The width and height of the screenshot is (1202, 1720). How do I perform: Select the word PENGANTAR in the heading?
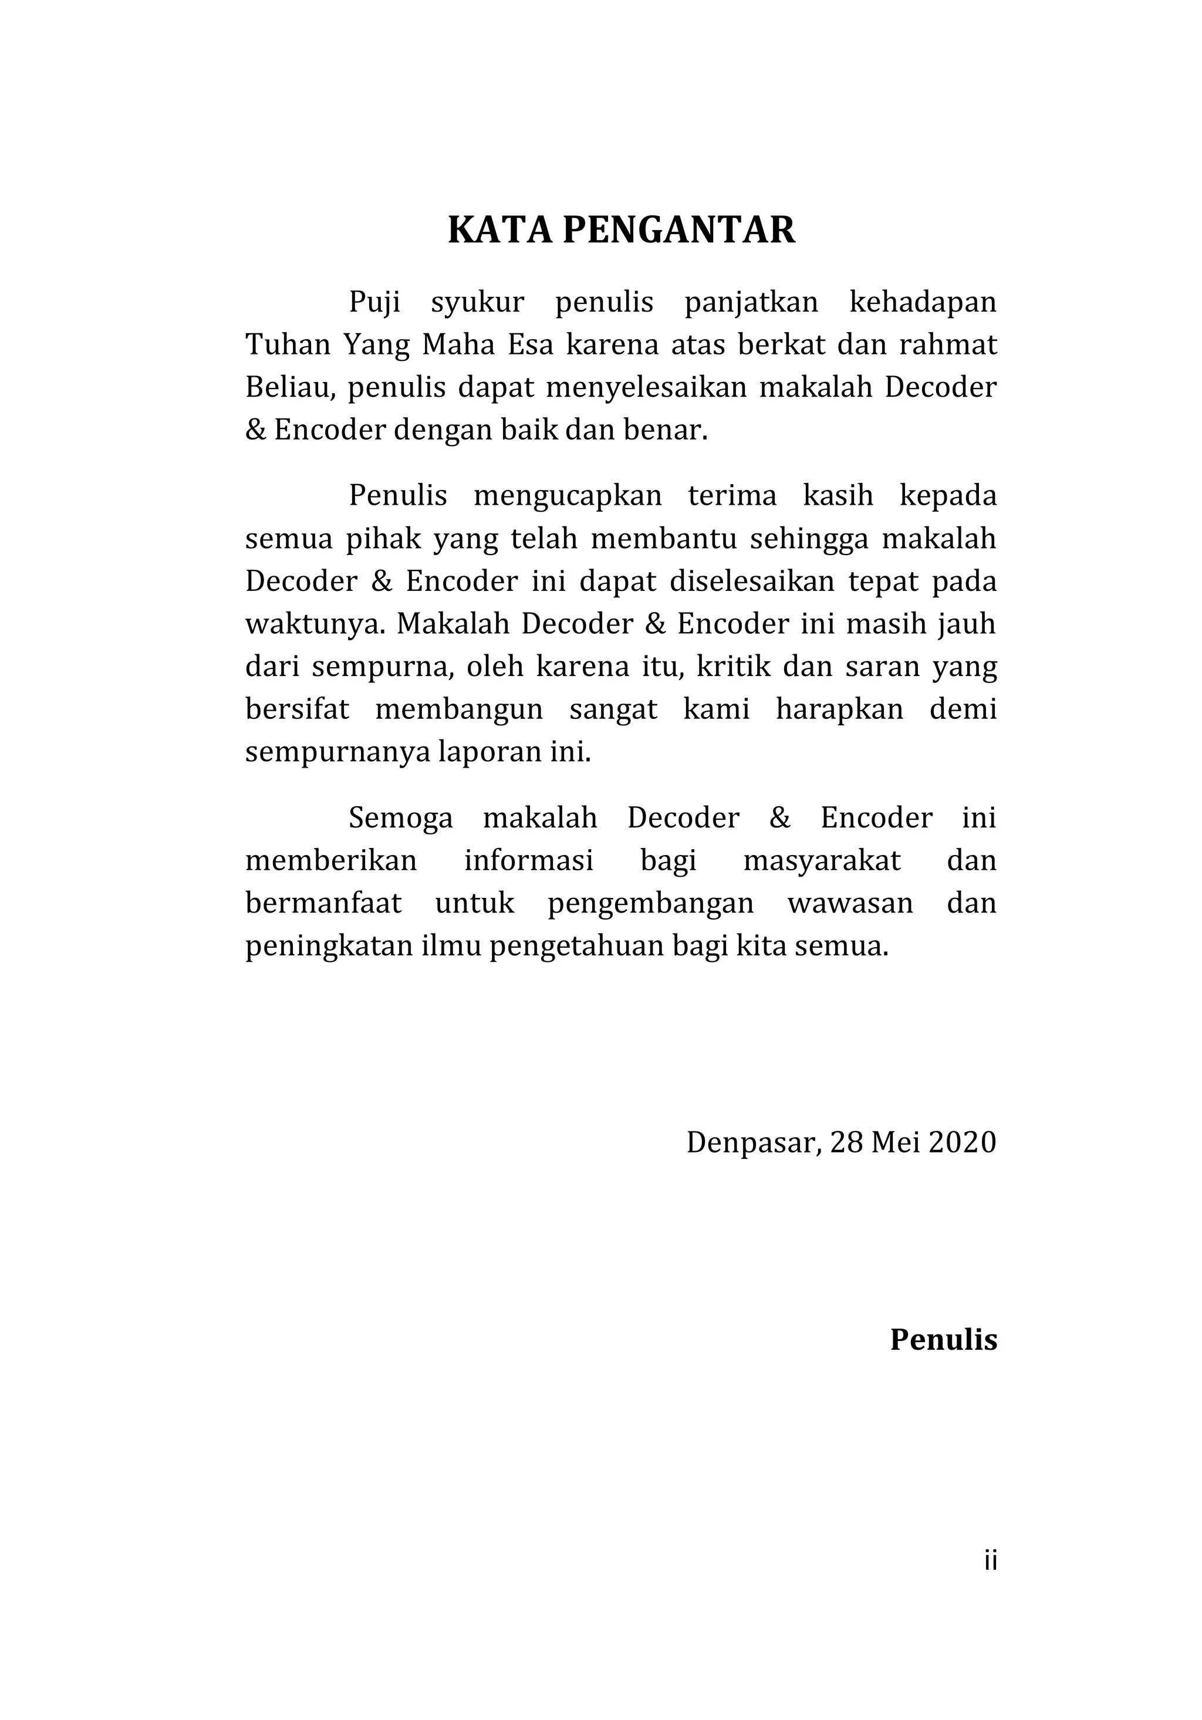pyautogui.click(x=679, y=230)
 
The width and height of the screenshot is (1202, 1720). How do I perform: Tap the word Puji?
pyautogui.click(x=374, y=303)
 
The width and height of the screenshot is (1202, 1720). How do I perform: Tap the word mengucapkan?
pyautogui.click(x=568, y=496)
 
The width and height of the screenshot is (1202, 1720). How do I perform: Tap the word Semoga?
pyautogui.click(x=401, y=819)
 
